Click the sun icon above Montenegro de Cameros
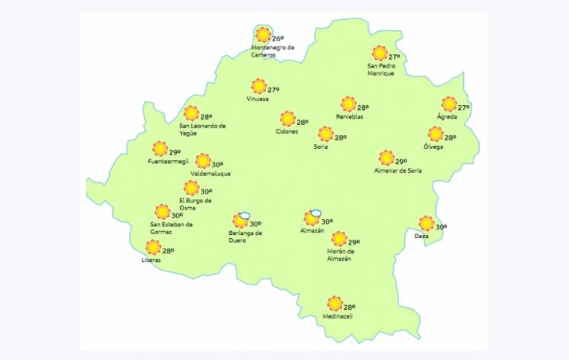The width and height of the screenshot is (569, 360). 263,35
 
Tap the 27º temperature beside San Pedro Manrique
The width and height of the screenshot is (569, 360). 394,57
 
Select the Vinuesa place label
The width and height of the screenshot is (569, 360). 257,100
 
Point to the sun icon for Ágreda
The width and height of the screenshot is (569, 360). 449,104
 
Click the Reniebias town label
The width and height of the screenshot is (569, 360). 349,117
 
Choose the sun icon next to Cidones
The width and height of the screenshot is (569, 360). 287,119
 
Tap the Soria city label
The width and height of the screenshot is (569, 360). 322,147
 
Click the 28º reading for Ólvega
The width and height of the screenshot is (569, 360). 450,138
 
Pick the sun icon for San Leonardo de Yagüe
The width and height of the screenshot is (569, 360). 191,114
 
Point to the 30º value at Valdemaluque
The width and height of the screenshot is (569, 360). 217,165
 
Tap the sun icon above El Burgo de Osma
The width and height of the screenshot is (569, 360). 191,188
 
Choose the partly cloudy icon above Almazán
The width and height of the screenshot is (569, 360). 312,218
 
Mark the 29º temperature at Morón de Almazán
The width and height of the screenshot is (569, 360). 354,243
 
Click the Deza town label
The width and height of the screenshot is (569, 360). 422,237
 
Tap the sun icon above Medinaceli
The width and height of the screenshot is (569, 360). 335,303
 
